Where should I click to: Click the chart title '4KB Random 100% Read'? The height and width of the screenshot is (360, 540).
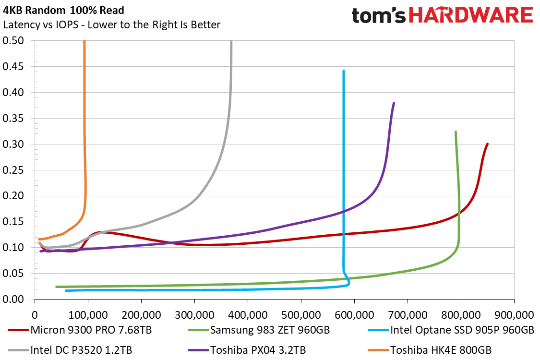pos(64,11)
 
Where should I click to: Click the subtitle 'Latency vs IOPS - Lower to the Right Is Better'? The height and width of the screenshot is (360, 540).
pos(111,25)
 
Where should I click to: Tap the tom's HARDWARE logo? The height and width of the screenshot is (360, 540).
pos(442,15)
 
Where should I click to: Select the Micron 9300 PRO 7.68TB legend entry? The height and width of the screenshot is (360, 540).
pos(80,330)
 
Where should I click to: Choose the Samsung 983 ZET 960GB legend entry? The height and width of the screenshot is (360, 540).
pos(259,330)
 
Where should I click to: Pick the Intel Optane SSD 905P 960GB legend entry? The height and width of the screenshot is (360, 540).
pos(451,330)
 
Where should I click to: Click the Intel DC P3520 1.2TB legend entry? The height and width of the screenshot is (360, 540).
pos(70,350)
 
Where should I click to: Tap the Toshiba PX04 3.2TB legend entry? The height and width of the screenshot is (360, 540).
pos(247,350)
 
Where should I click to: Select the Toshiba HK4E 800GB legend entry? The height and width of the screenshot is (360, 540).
pos(430,350)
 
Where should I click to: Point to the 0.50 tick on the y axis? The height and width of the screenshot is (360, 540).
pos(13,41)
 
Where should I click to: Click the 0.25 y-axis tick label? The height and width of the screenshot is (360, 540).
pos(13,170)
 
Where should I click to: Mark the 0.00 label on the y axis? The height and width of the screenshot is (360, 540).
pos(13,300)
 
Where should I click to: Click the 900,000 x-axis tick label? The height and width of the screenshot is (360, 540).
pos(514,315)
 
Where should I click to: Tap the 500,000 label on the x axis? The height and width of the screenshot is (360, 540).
pos(301,315)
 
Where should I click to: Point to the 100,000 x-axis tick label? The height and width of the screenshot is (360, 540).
pos(88,315)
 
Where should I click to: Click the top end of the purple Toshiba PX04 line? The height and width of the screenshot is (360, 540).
pos(394,103)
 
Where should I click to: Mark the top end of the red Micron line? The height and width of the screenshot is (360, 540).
pos(487,144)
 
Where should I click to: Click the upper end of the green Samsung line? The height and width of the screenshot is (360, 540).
pos(456,132)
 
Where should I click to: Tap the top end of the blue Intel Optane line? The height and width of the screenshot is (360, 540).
pos(344,71)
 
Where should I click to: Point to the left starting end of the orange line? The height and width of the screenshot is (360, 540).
pos(39,239)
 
